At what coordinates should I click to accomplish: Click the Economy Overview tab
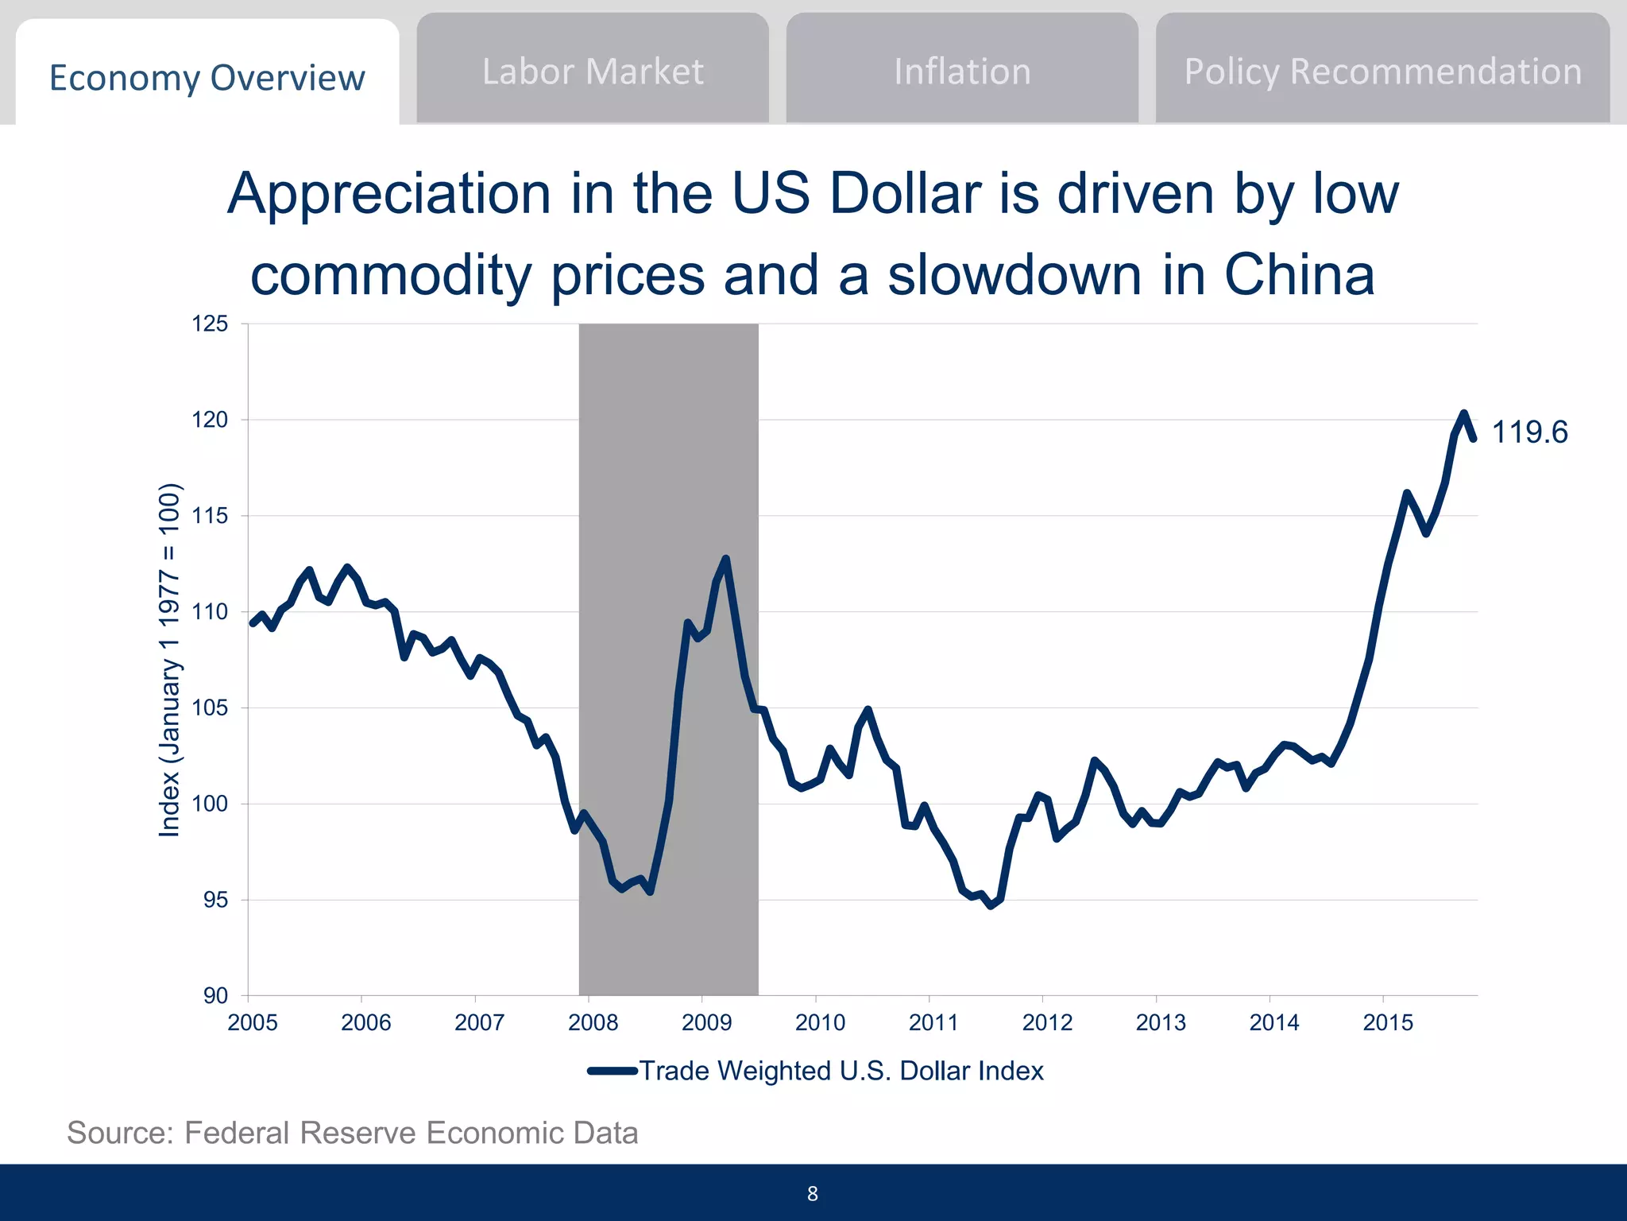(x=207, y=78)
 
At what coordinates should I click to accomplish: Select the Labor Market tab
(x=593, y=72)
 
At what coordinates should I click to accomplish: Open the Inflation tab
(x=962, y=72)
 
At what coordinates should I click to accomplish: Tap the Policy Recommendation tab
(x=1382, y=72)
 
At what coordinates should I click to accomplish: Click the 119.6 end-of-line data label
(x=1529, y=432)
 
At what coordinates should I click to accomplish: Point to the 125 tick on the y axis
(x=210, y=324)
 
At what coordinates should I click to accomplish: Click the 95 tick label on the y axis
(x=215, y=900)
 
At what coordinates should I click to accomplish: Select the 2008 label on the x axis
(x=593, y=1022)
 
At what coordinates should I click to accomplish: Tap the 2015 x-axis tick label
(x=1388, y=1022)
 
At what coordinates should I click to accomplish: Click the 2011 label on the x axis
(x=933, y=1022)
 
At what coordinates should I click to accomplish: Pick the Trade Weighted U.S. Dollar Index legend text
(x=841, y=1071)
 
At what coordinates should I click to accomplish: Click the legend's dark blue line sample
(x=613, y=1071)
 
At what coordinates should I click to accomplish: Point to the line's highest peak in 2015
(x=1463, y=413)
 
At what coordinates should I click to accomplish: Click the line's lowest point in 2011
(x=991, y=905)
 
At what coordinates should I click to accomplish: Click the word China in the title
(x=1299, y=275)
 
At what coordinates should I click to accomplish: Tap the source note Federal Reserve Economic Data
(x=353, y=1133)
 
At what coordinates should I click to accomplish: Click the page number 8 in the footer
(x=812, y=1193)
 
